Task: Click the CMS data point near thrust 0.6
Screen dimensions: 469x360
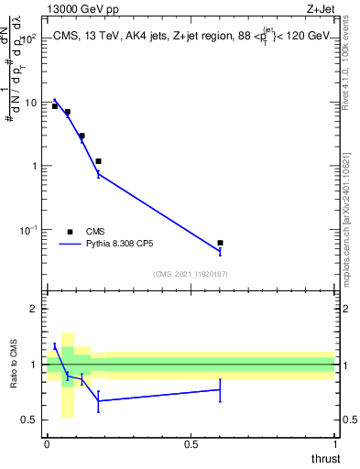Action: [x=220, y=243]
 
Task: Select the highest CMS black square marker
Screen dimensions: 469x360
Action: [x=55, y=106]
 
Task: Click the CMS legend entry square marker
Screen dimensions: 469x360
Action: [x=70, y=232]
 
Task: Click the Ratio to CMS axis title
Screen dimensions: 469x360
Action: [x=13, y=365]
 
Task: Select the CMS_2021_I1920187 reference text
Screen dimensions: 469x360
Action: [x=191, y=274]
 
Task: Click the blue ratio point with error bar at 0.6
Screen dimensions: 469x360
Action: [x=220, y=389]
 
